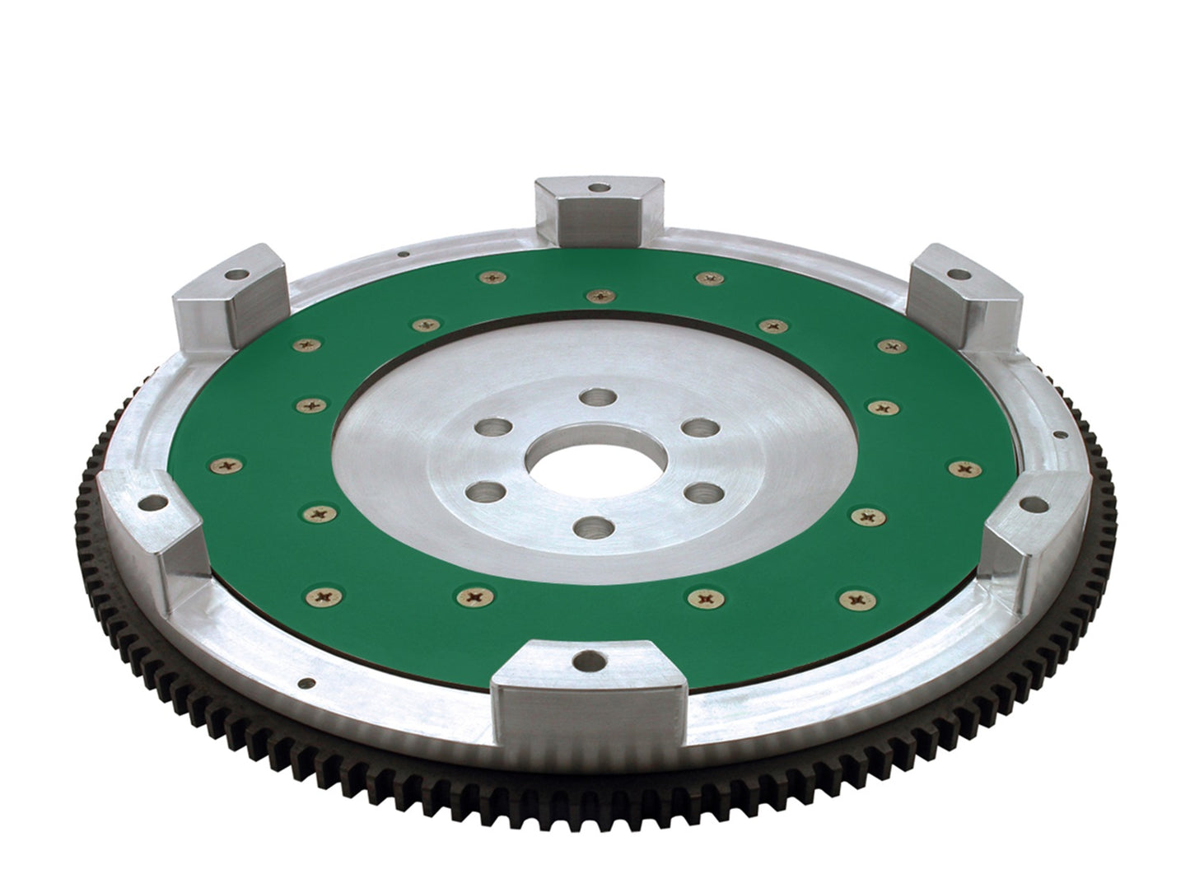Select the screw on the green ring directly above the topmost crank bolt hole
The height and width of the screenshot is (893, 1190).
click(596, 295)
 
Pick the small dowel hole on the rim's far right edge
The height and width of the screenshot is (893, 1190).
click(1057, 435)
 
